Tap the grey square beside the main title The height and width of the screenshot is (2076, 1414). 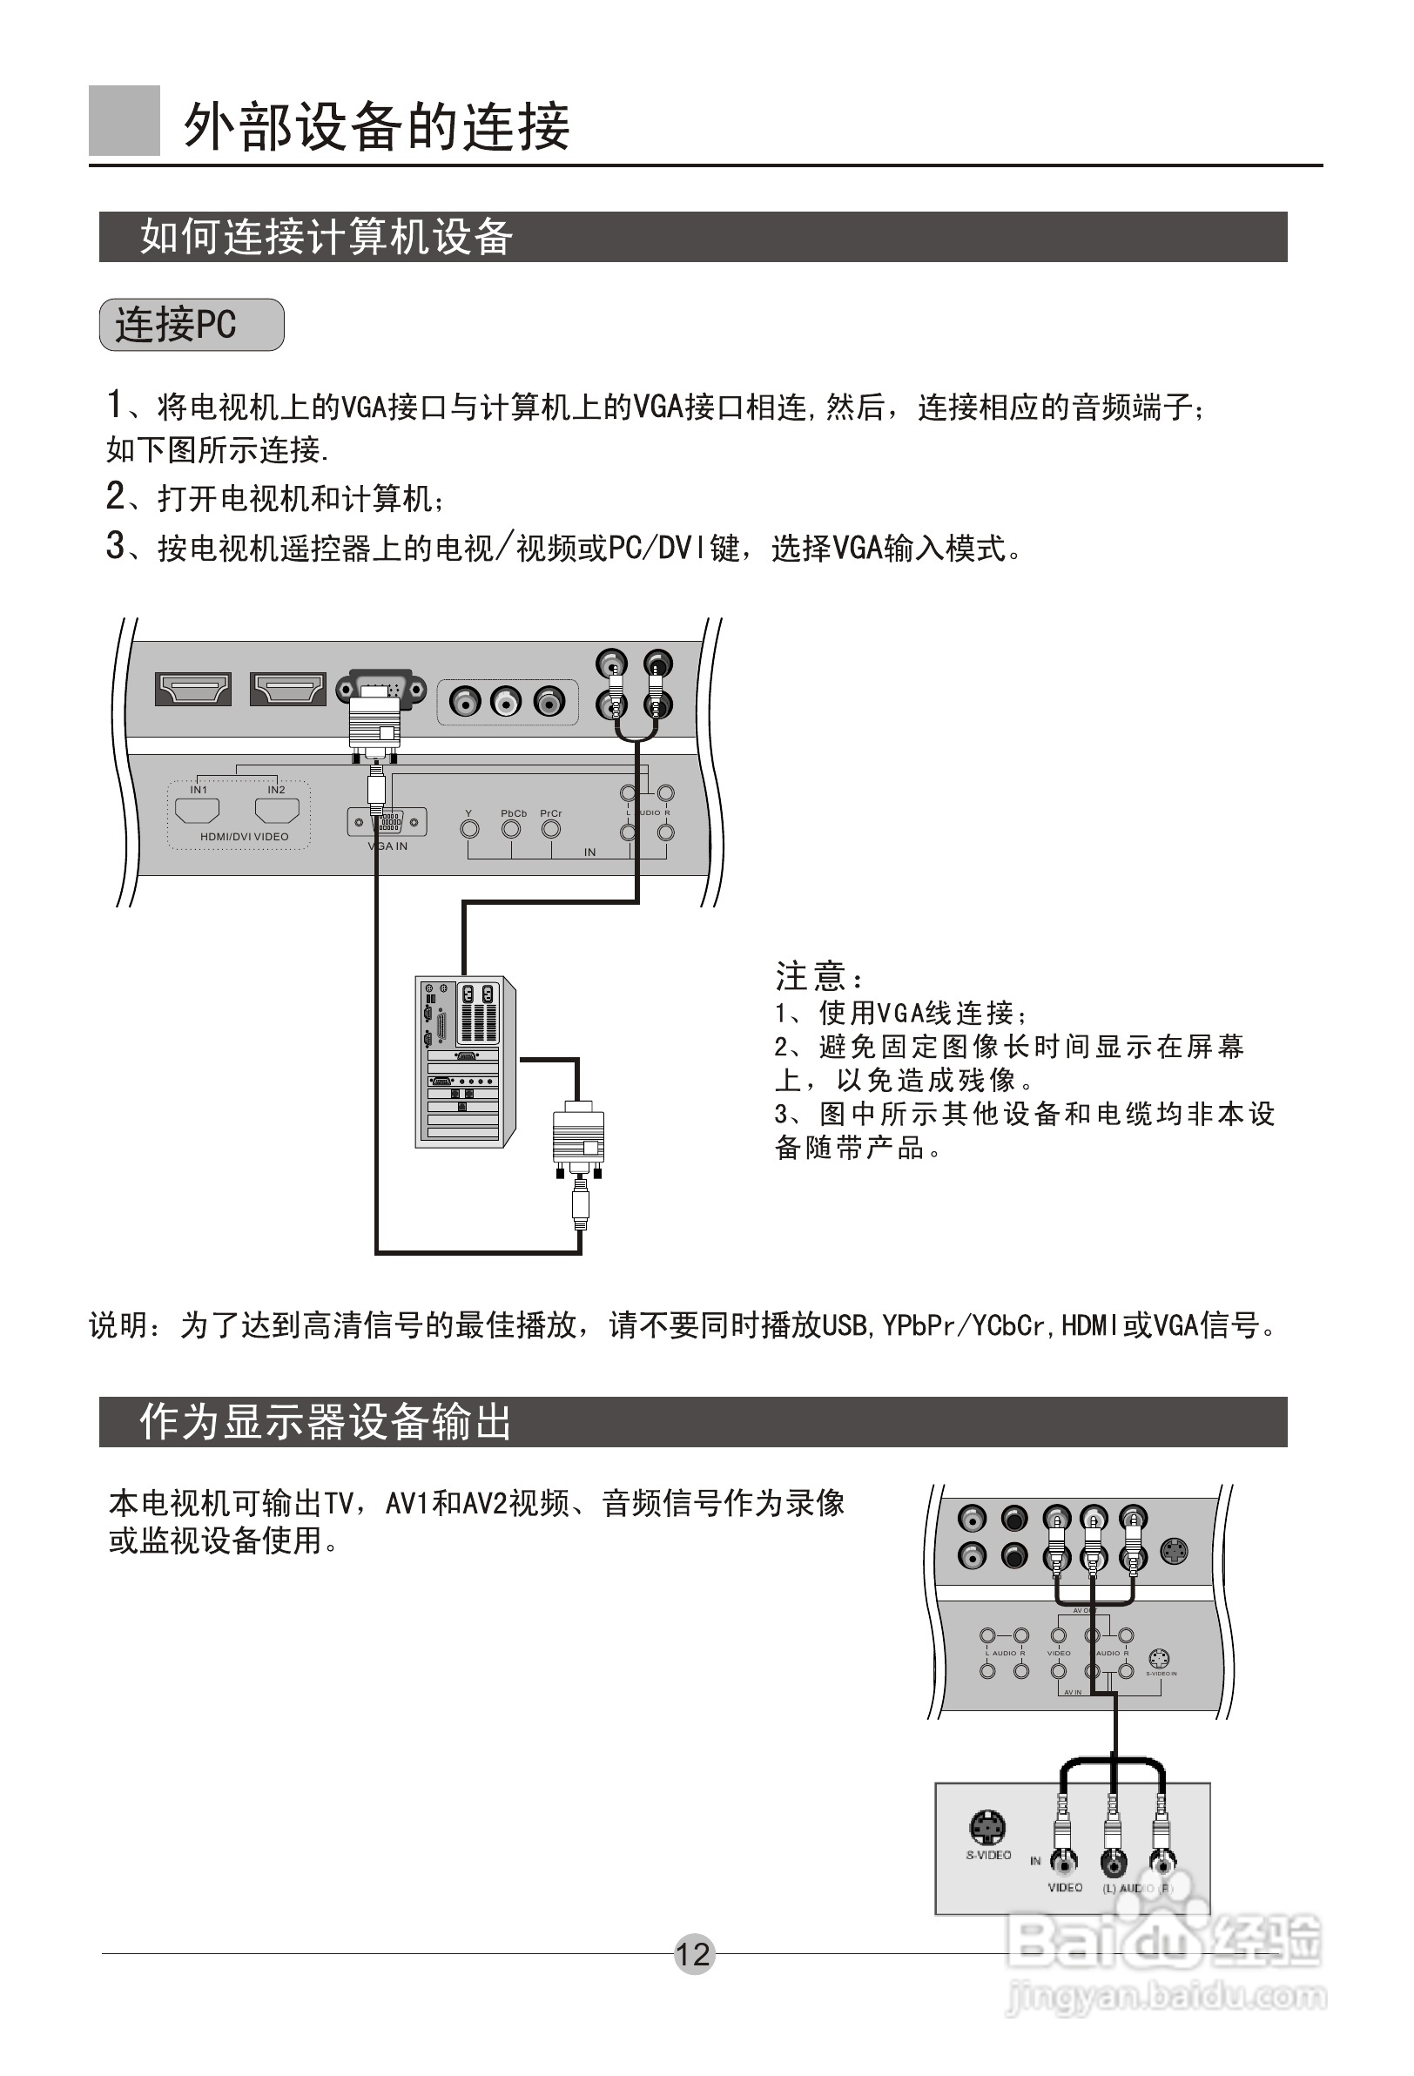(x=125, y=120)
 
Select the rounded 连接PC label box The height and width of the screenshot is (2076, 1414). (x=192, y=324)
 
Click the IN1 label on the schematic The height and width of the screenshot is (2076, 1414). (x=199, y=790)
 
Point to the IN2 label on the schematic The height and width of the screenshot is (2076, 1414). (x=276, y=790)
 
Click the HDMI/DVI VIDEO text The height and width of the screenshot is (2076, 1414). (x=244, y=837)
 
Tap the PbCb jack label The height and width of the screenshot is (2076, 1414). (x=514, y=814)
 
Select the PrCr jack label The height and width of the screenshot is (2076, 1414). (x=551, y=814)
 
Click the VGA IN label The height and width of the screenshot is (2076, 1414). (x=387, y=846)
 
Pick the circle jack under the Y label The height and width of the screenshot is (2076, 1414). (x=469, y=830)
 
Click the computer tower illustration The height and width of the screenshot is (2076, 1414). (x=464, y=1062)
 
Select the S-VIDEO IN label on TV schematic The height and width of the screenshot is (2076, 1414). (x=1161, y=1673)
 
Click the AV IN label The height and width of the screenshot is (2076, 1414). (x=1072, y=1692)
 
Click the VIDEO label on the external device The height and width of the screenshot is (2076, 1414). (x=1065, y=1888)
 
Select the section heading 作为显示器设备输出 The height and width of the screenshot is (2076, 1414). (x=325, y=1422)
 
